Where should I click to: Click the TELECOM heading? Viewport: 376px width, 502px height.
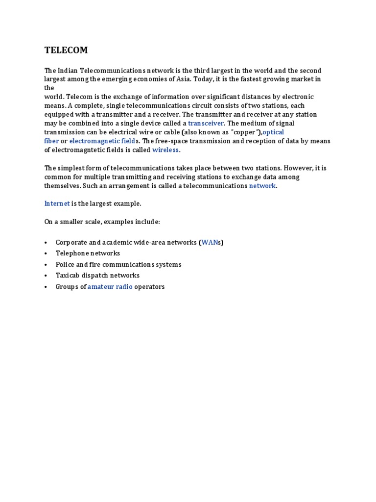[x=66, y=50]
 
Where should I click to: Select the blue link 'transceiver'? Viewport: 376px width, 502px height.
[x=206, y=124]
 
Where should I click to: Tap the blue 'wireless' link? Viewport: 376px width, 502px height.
[x=166, y=150]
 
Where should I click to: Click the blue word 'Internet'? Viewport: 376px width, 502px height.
[x=57, y=203]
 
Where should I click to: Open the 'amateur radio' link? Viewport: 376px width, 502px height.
[x=110, y=287]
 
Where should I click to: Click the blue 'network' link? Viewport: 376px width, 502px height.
[x=262, y=186]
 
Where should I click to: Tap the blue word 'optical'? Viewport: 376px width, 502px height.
[x=273, y=132]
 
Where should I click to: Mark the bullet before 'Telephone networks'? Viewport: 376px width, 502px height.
[x=46, y=254]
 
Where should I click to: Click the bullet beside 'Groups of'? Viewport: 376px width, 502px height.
[x=46, y=287]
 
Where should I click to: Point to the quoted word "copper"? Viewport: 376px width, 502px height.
[x=243, y=132]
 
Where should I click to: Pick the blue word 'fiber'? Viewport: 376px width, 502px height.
[x=51, y=141]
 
